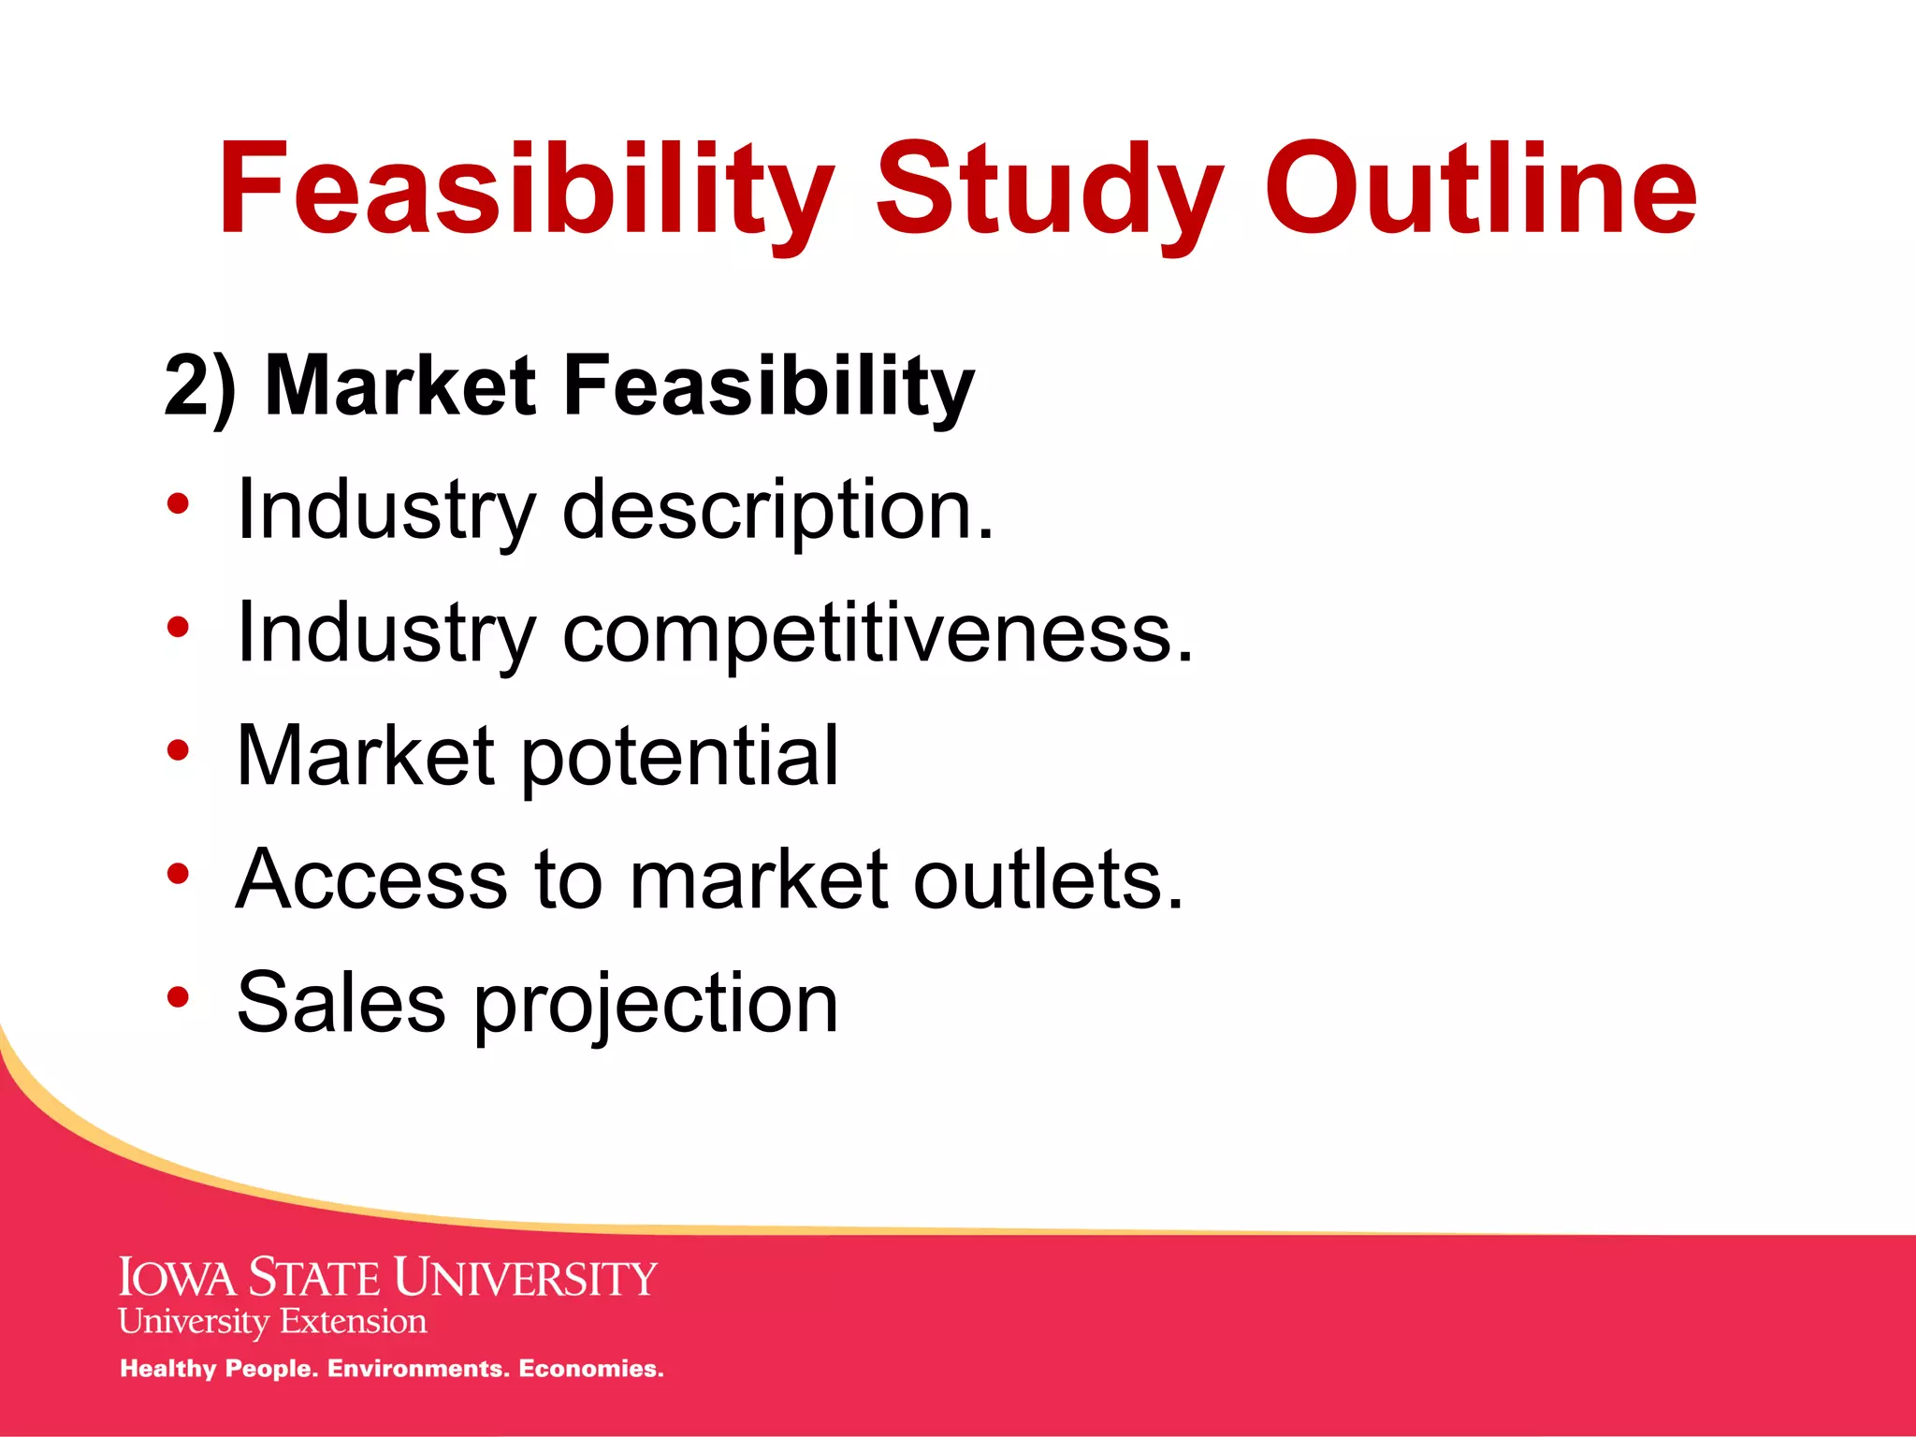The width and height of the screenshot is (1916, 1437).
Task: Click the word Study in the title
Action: click(1048, 192)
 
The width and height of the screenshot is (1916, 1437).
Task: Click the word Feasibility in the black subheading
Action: click(769, 385)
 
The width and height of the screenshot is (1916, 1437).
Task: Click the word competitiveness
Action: click(878, 634)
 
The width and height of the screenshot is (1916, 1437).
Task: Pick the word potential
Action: click(679, 756)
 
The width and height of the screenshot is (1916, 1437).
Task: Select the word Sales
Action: click(341, 1003)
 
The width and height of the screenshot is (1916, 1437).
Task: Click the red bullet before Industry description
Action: click(178, 504)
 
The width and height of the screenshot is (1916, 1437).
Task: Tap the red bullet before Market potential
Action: click(178, 749)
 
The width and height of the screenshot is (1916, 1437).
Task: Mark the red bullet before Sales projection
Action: click(178, 996)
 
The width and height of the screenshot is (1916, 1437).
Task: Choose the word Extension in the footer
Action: click(353, 1322)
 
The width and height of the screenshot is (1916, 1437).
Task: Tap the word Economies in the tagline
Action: click(590, 1369)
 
